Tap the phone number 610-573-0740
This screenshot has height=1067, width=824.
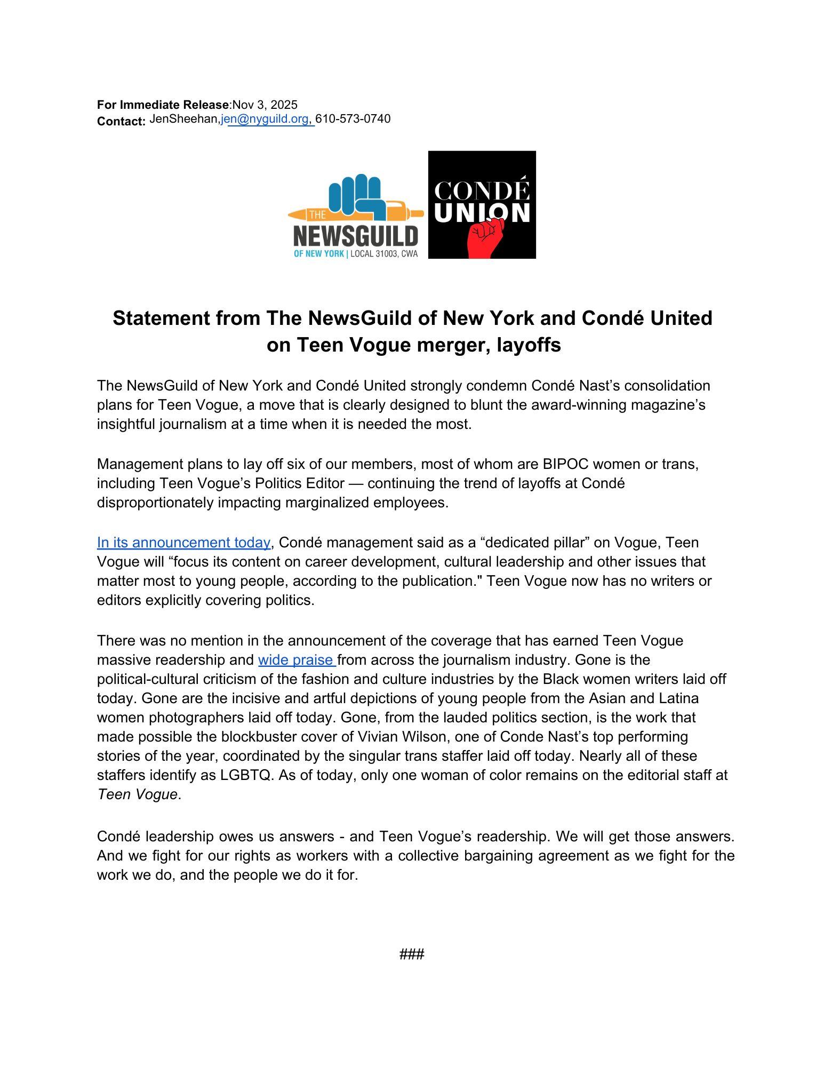353,119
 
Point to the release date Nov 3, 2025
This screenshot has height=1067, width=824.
265,105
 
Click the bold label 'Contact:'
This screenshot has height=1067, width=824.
121,122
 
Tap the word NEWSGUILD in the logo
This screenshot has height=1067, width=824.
356,235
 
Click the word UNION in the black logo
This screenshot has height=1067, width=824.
482,213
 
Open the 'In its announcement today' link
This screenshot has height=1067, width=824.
183,543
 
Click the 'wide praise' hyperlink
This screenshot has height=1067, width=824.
296,660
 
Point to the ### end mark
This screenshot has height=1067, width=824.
412,953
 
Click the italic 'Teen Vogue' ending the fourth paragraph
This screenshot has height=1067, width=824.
137,794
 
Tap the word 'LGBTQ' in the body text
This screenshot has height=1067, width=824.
245,775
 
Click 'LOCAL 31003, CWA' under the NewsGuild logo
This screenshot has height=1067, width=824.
383,254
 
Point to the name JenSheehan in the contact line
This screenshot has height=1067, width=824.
184,119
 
